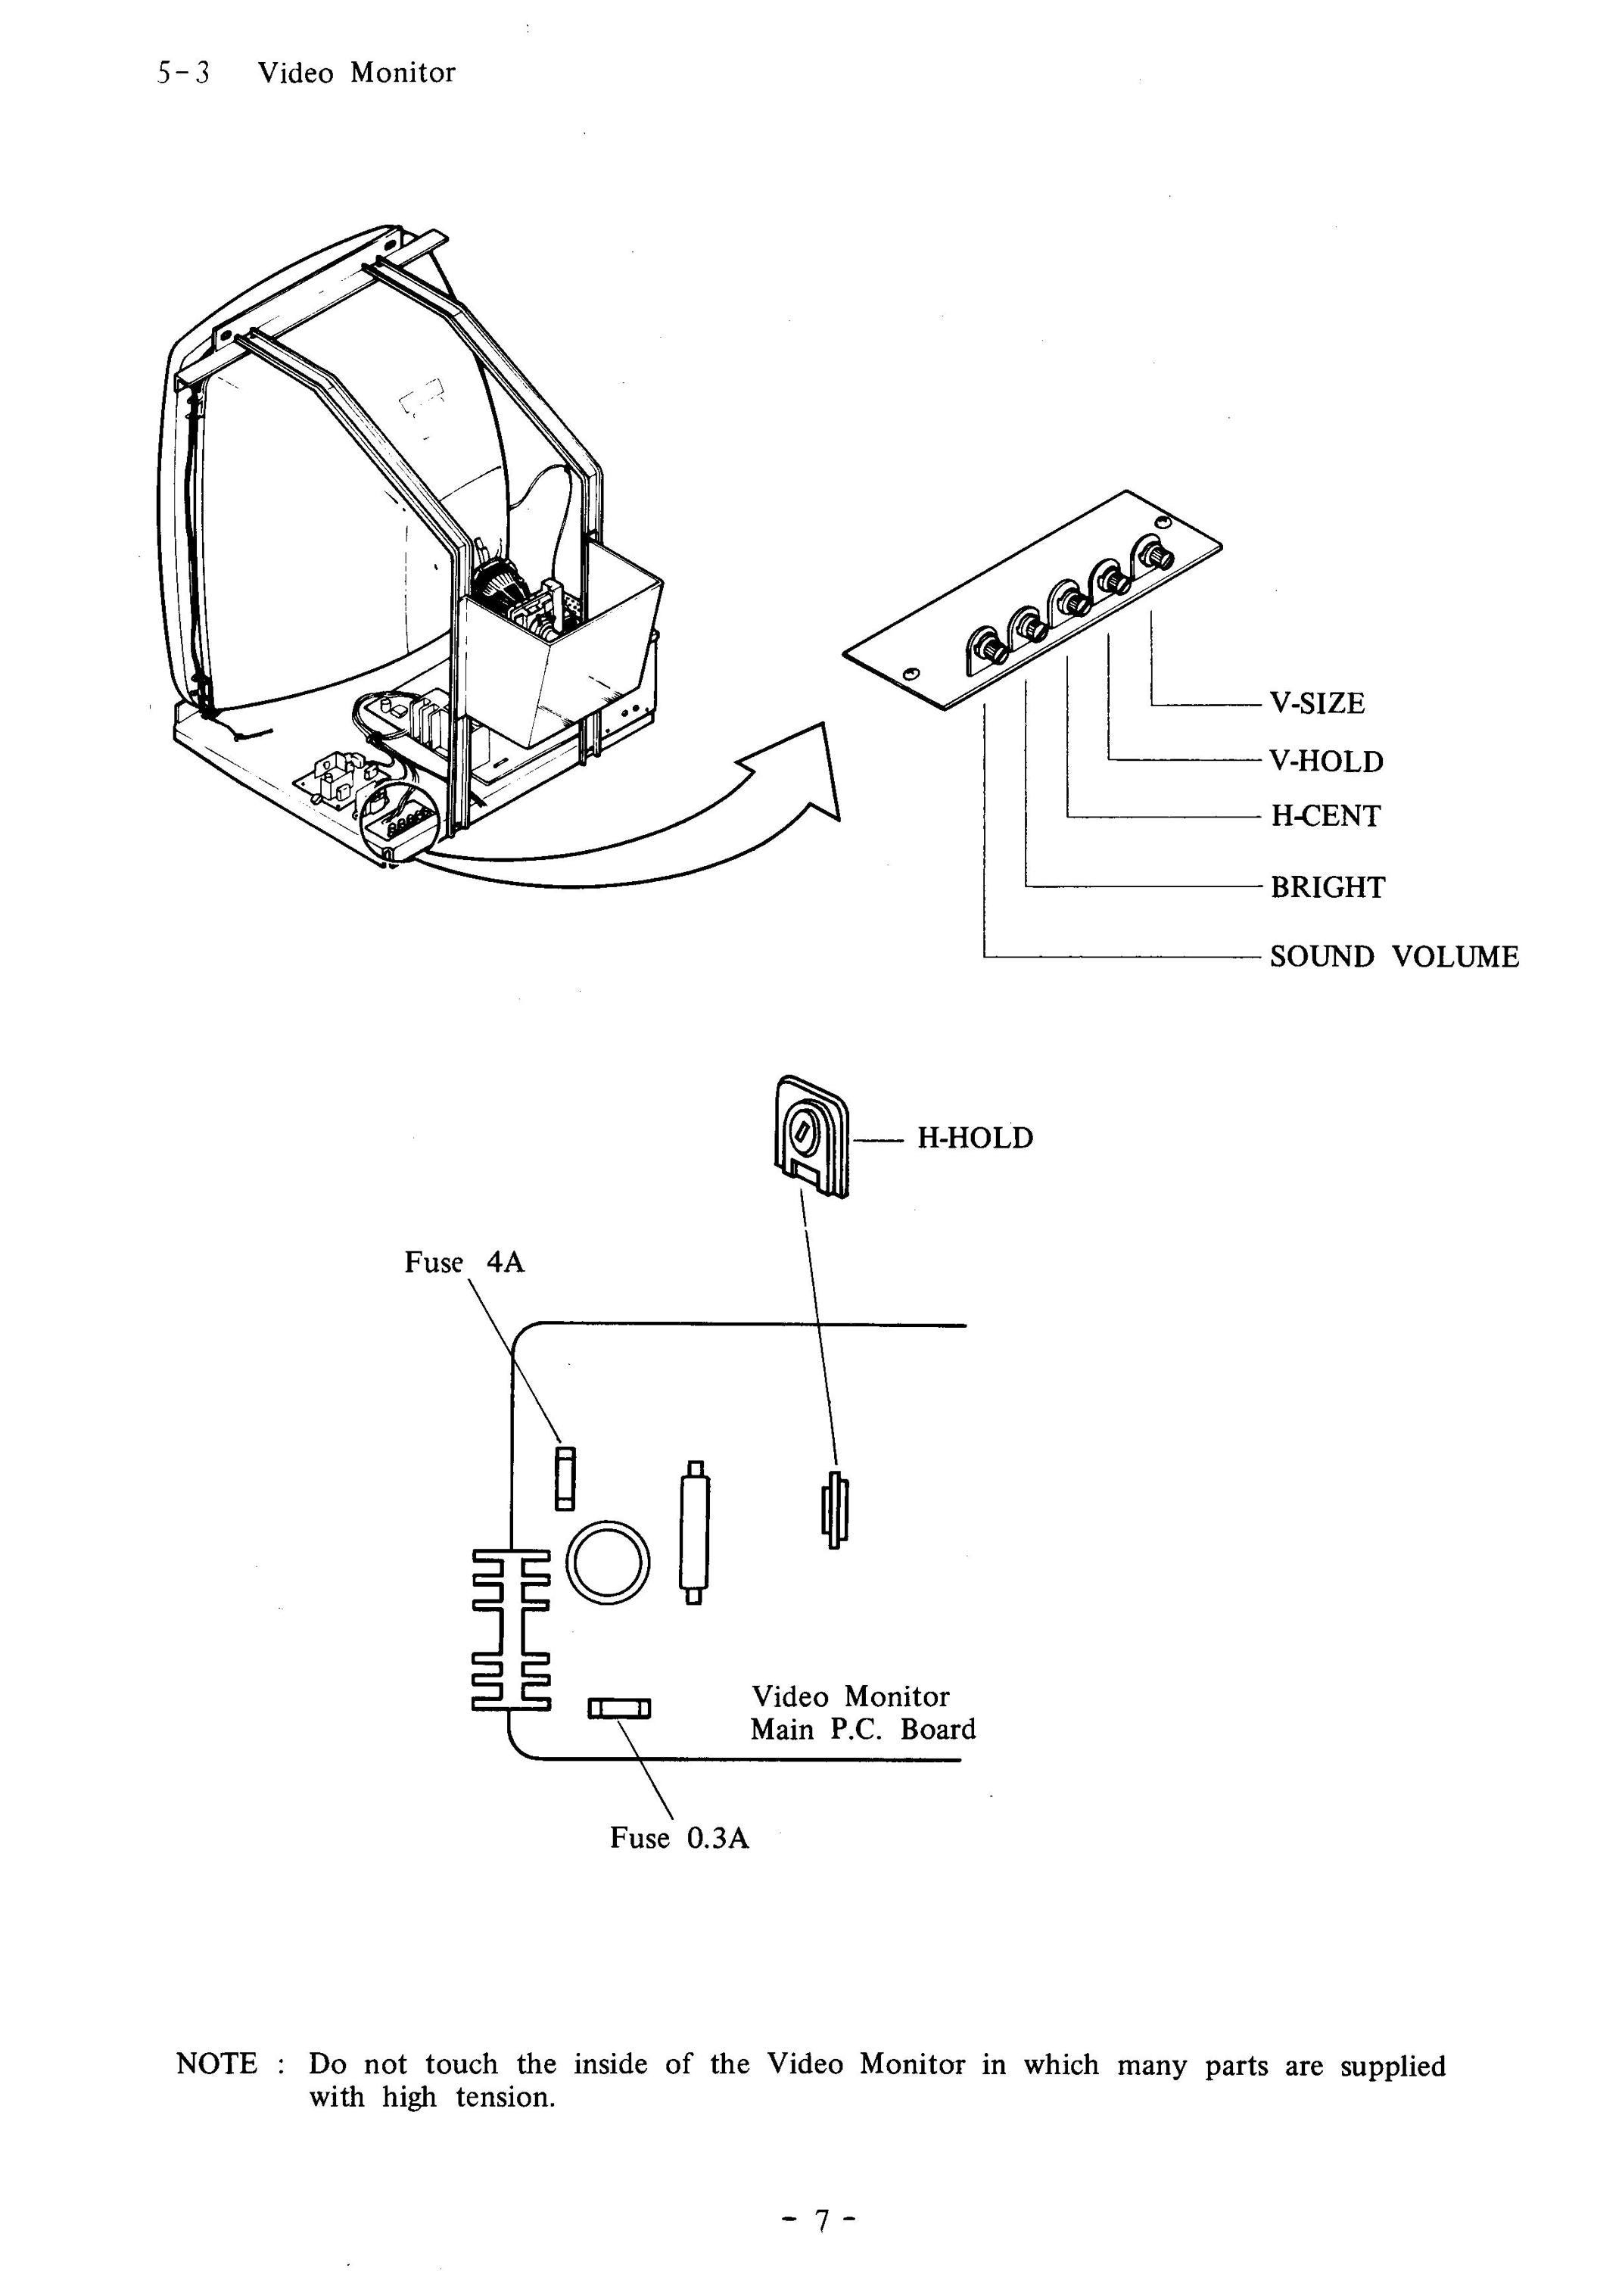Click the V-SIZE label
point(1316,704)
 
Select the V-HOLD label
point(1326,762)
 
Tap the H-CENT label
point(1325,817)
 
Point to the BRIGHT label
point(1328,888)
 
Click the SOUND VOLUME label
point(1394,958)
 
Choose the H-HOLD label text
point(975,1139)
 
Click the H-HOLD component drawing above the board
point(811,1136)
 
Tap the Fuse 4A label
point(465,1263)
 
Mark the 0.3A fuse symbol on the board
point(619,1709)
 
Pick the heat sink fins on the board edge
point(510,1629)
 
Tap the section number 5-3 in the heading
point(182,73)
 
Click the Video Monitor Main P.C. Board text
point(863,1713)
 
